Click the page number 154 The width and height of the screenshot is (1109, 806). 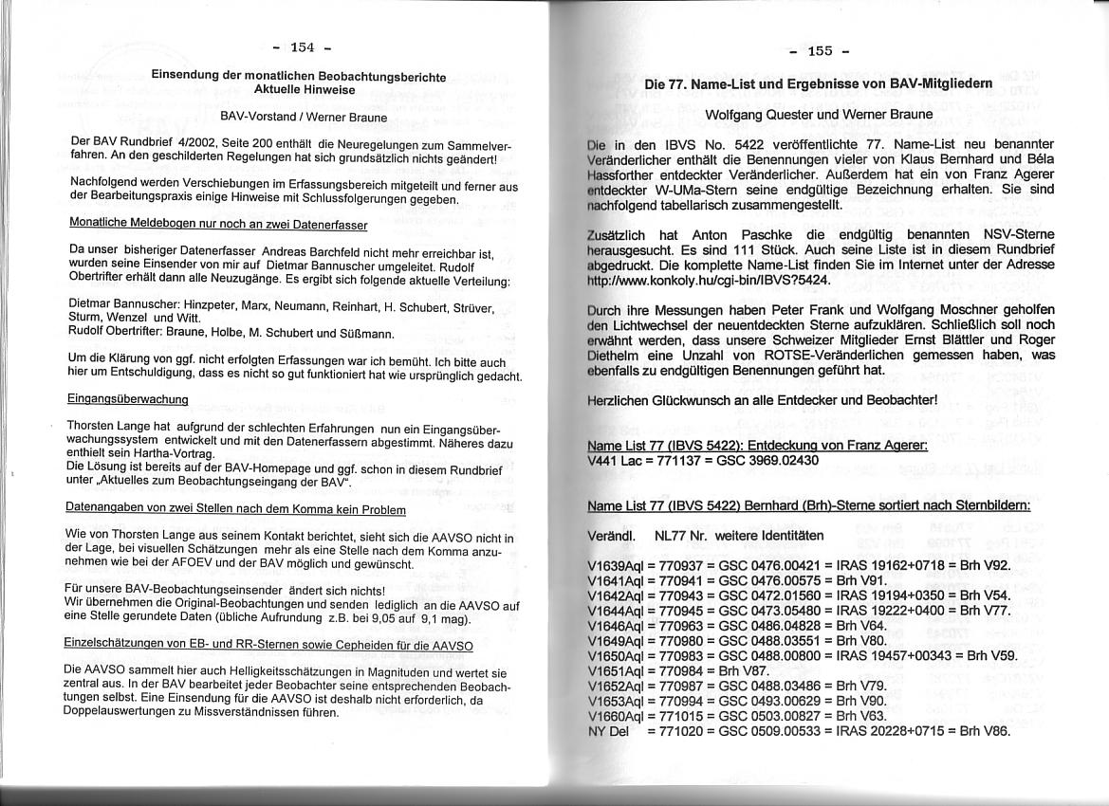click(x=302, y=47)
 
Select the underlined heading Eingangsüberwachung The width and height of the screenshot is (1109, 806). click(x=128, y=400)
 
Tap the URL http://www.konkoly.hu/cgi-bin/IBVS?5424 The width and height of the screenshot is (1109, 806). click(x=710, y=281)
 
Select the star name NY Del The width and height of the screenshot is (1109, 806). click(x=609, y=731)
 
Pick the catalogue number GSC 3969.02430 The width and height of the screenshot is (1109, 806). click(x=764, y=461)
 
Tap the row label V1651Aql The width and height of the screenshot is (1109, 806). click(x=617, y=671)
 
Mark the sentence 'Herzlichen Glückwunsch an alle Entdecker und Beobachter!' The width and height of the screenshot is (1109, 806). click(x=763, y=399)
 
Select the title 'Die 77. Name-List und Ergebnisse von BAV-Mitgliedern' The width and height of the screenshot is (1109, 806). click(x=819, y=83)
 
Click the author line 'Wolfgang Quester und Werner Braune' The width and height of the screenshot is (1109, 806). click(x=819, y=114)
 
